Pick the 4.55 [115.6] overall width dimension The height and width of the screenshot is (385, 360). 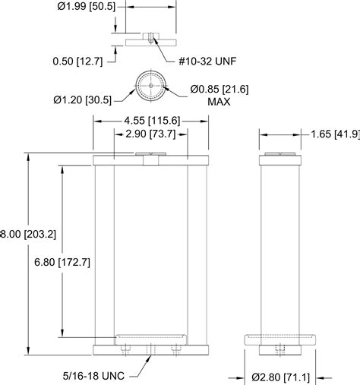point(152,120)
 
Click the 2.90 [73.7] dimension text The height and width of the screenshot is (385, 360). point(150,134)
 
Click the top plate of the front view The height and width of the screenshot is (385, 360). point(151,160)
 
